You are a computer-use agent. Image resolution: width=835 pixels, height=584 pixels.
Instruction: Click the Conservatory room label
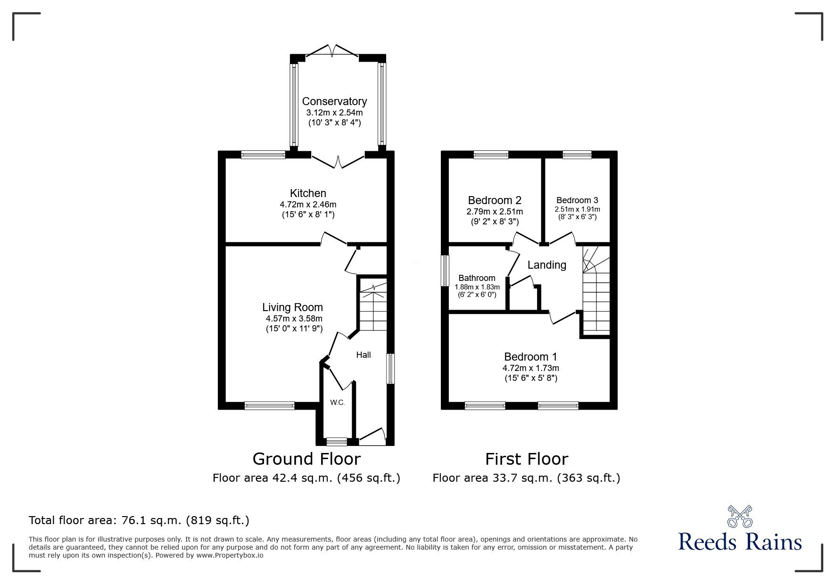point(334,101)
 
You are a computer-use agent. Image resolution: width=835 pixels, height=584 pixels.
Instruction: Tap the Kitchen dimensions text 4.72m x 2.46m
point(308,205)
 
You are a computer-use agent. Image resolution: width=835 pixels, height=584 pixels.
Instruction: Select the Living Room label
point(292,307)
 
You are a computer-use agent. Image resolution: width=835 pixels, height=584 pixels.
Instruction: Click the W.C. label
point(337,403)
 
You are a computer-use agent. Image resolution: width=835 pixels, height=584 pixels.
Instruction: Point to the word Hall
point(363,355)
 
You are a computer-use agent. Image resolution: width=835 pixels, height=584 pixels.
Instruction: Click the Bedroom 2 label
point(495,200)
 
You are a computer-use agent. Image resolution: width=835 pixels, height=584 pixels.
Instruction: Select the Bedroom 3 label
point(577,200)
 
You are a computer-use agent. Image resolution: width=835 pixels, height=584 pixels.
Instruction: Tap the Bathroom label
point(477,278)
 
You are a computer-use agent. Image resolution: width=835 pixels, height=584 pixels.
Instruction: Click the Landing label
point(546,265)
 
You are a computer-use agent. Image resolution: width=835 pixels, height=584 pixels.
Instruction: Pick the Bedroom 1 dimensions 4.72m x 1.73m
point(530,368)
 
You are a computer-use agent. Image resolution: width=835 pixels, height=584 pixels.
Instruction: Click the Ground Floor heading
point(306,459)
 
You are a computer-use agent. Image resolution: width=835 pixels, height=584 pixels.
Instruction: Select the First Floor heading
point(527,459)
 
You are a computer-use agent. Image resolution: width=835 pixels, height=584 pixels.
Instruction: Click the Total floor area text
point(139,520)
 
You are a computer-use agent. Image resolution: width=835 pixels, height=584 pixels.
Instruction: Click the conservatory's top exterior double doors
point(333,51)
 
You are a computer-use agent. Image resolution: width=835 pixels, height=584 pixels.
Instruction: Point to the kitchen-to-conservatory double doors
point(338,160)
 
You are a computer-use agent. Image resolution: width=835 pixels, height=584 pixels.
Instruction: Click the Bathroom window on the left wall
point(445,271)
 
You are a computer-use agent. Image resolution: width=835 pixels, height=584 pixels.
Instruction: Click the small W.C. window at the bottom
point(337,442)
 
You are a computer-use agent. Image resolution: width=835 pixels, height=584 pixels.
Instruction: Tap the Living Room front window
point(269,405)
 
